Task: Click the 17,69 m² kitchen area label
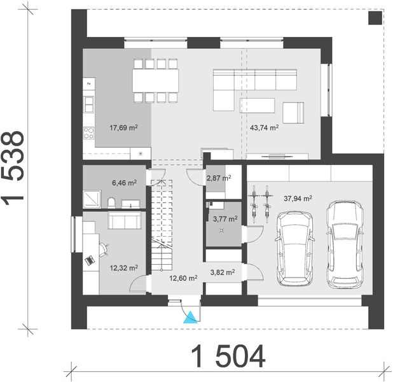click(125, 127)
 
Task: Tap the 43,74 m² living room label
click(265, 127)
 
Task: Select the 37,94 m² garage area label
click(298, 198)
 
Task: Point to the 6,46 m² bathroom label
click(125, 183)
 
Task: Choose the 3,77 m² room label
click(224, 219)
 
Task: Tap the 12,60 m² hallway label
click(183, 278)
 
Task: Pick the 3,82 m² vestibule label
click(223, 272)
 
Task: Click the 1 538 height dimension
click(14, 167)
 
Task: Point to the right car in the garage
click(344, 244)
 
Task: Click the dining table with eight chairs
click(156, 80)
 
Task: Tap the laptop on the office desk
click(90, 260)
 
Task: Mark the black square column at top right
click(375, 18)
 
